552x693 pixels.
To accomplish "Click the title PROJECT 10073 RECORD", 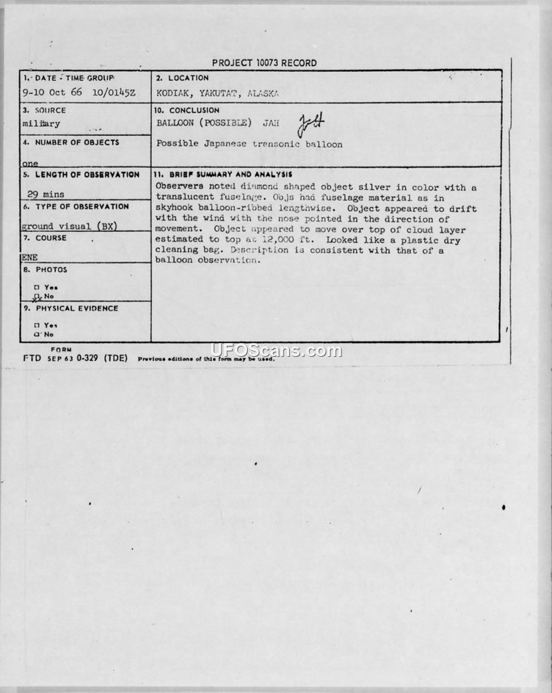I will point(264,63).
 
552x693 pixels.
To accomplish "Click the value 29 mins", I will point(45,195).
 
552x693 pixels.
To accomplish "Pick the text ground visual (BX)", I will point(69,226).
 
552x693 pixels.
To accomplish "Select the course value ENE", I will point(29,256).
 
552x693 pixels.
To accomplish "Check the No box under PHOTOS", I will point(37,296).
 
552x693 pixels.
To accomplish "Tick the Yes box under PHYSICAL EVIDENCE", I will point(36,325).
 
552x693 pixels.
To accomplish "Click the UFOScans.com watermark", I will point(276,351).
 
